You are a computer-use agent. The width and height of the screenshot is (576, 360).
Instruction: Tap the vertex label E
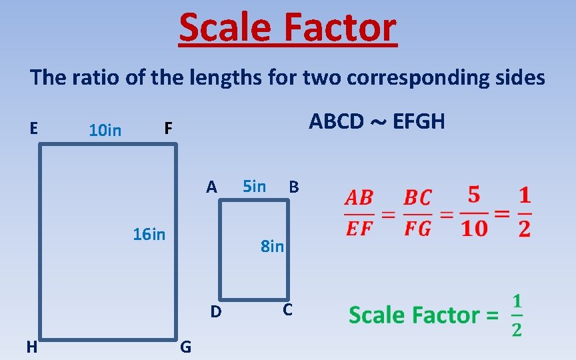pos(33,127)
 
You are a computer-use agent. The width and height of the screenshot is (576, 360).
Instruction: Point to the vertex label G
pos(186,347)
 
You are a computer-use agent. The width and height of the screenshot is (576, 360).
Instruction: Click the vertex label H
pos(31,346)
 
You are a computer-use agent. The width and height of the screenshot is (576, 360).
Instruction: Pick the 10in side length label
pos(105,130)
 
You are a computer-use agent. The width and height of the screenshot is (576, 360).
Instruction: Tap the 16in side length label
pos(149,234)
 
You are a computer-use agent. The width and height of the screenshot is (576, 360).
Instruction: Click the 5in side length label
pos(254,186)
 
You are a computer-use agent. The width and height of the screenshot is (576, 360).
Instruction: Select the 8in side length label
pos(272,247)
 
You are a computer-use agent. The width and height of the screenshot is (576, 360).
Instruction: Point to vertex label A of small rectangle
pos(211,187)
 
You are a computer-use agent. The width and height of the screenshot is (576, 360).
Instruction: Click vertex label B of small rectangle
pos(293,187)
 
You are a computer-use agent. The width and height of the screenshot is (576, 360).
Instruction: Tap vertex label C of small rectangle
pos(287,309)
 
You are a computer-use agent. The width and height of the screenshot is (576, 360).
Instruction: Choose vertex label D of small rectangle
pos(215,311)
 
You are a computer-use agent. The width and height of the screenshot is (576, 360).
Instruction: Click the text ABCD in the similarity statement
pos(336,121)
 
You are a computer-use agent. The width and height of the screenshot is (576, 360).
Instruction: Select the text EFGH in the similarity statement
pos(419,121)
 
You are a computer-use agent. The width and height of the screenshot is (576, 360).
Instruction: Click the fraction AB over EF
pos(359,213)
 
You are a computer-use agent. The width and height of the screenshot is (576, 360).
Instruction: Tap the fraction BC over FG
pos(418,213)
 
